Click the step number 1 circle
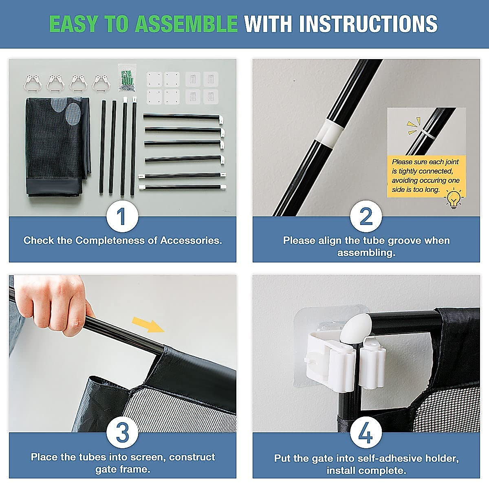pyautogui.click(x=122, y=216)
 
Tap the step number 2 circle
pyautogui.click(x=366, y=216)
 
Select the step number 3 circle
pyautogui.click(x=122, y=432)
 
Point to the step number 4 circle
pyautogui.click(x=366, y=432)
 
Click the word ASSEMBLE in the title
pyautogui.click(x=186, y=24)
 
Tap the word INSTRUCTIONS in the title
pyautogui.click(x=368, y=24)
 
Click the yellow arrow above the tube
pyautogui.click(x=148, y=324)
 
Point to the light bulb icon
pyautogui.click(x=454, y=198)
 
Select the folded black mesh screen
pyautogui.click(x=58, y=147)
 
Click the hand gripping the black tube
pyautogui.click(x=53, y=304)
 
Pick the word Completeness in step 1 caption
pyautogui.click(x=110, y=240)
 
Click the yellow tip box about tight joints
pyautogui.click(x=426, y=176)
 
